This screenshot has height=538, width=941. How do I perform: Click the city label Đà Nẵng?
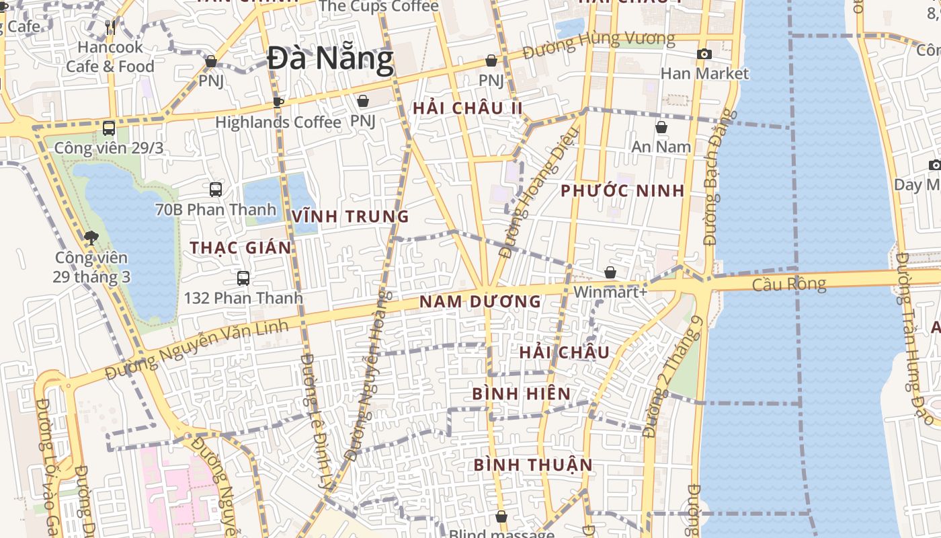point(330,59)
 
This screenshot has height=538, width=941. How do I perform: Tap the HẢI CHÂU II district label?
point(468,108)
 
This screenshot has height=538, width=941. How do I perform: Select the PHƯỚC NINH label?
point(622,191)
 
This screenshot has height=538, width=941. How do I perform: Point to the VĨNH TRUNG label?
point(350,217)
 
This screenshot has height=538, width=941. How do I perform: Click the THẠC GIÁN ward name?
point(241,248)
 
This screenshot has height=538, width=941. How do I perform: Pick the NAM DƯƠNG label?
point(480,302)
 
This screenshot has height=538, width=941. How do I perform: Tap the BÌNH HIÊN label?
point(522,394)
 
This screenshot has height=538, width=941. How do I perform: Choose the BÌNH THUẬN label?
point(533,465)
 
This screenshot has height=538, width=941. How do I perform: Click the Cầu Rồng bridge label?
point(788,284)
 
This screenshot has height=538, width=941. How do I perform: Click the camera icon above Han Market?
point(704,54)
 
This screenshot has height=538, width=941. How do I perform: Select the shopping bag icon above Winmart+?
point(610,272)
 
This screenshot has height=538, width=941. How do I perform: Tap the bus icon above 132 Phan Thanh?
point(243,278)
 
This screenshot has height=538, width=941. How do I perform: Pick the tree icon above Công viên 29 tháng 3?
point(91,237)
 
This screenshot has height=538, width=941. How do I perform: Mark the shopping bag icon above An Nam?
point(661,127)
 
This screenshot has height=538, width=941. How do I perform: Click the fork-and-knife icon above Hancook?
point(110,28)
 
